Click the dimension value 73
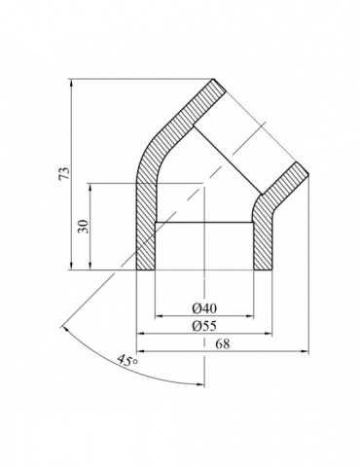click(66, 174)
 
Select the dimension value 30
click(84, 226)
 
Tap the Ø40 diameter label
click(204, 308)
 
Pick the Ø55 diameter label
click(204, 325)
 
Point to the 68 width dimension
click(223, 343)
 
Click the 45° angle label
click(127, 360)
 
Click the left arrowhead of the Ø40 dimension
click(159, 315)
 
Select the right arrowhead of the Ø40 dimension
click(250, 315)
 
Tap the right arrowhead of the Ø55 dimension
click(268, 333)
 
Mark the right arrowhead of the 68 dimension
click(305, 350)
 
